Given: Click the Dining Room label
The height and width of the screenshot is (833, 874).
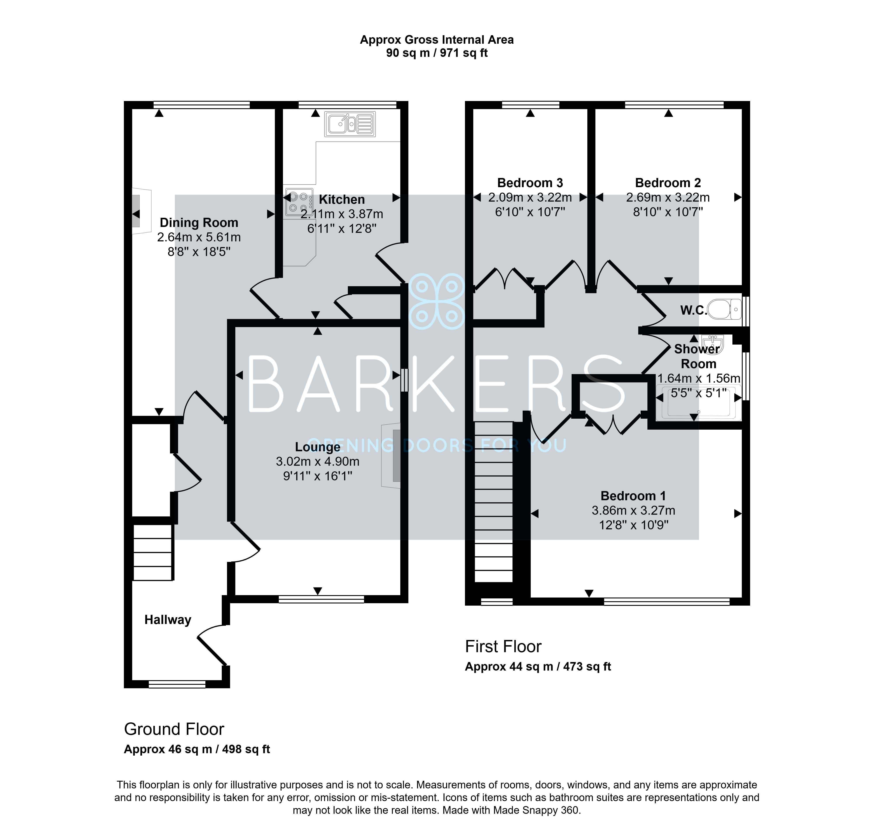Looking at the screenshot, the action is [x=199, y=222].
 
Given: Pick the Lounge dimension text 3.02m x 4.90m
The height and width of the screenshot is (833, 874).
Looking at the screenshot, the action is [x=318, y=461].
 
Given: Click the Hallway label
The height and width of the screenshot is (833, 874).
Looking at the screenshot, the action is [x=168, y=620].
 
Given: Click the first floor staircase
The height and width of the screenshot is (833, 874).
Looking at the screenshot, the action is [x=494, y=502].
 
